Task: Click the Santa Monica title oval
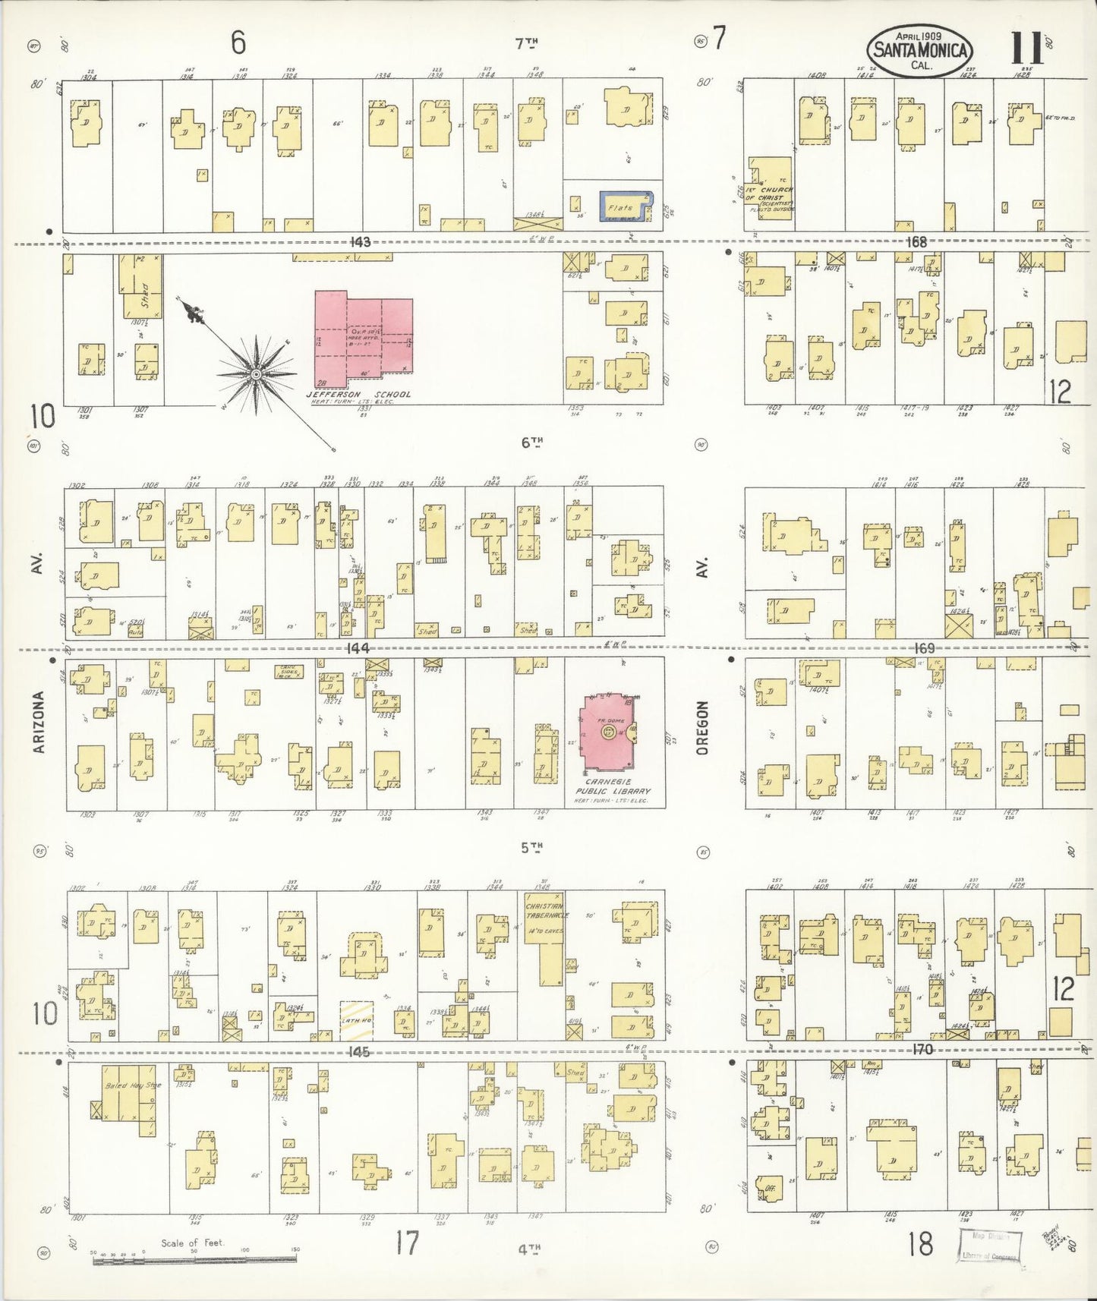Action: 920,50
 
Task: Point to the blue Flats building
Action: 626,206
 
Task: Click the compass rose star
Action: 256,373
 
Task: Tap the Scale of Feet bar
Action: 194,1262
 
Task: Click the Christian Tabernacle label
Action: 543,911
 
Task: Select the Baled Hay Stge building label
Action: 133,1086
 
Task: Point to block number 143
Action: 360,242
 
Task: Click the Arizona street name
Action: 40,722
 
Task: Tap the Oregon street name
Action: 701,727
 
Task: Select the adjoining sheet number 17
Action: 407,1243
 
